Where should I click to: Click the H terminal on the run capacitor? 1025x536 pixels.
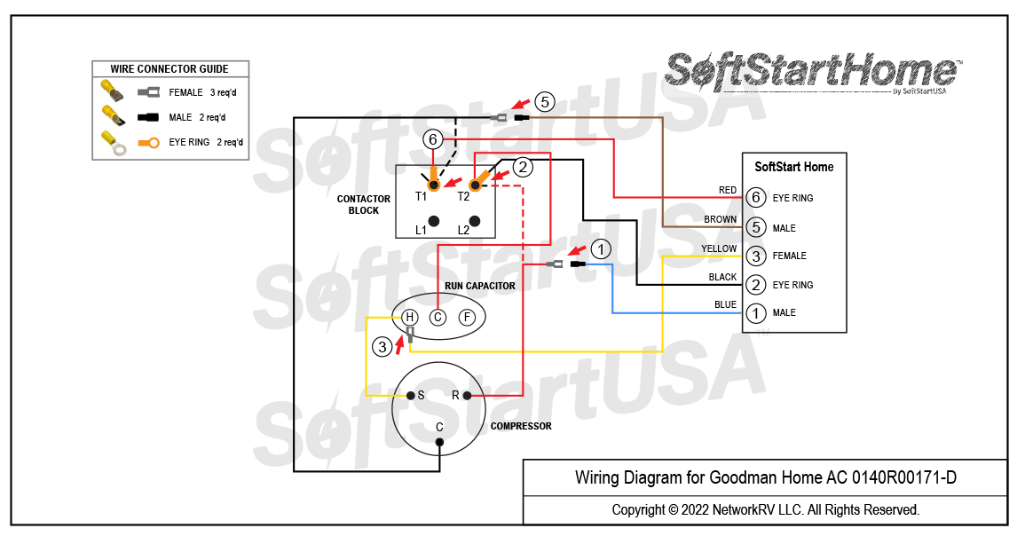point(409,317)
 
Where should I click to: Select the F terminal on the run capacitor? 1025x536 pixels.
point(467,317)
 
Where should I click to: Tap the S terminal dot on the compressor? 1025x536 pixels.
point(410,396)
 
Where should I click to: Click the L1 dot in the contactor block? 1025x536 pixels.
point(434,220)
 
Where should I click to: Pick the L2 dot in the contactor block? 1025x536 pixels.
point(475,220)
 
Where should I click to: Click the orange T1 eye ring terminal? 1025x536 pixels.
point(434,184)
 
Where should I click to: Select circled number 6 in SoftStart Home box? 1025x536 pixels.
point(755,198)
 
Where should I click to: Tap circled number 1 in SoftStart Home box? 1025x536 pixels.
point(755,313)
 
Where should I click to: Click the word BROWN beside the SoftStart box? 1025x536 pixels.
point(720,219)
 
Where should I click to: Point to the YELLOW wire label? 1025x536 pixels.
point(719,248)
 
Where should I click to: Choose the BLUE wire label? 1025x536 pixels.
point(725,305)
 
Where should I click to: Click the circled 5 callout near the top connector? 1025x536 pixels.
point(545,102)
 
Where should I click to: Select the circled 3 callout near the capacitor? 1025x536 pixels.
point(382,347)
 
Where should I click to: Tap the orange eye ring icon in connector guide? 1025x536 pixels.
point(147,142)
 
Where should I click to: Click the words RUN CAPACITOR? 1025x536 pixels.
point(479,286)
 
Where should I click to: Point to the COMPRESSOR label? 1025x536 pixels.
point(521,426)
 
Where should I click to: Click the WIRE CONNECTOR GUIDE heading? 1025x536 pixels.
point(170,69)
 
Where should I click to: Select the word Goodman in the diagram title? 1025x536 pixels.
point(739,478)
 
